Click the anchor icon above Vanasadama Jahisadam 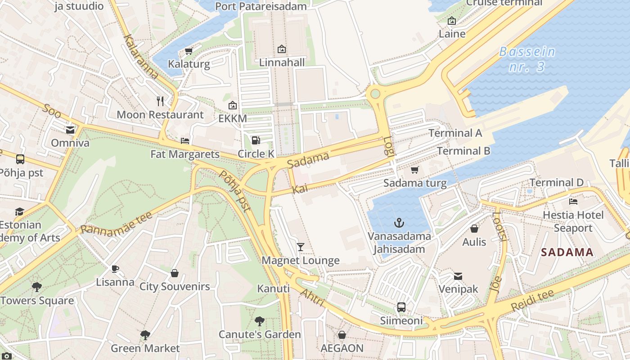click(399, 223)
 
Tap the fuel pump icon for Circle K click(256, 140)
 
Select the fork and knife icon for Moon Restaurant click(160, 101)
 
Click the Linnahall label click(282, 63)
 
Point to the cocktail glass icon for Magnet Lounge click(301, 247)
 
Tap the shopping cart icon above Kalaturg click(189, 51)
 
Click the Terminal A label click(455, 133)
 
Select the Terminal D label click(556, 183)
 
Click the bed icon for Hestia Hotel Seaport click(573, 201)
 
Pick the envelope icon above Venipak click(458, 276)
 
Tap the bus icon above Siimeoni click(401, 307)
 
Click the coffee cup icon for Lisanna click(115, 269)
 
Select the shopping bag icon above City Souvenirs click(175, 273)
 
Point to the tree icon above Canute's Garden click(259, 321)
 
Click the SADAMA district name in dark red click(567, 252)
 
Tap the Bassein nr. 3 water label click(527, 59)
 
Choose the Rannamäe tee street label click(117, 224)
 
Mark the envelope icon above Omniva click(70, 130)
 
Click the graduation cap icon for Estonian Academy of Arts click(19, 211)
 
